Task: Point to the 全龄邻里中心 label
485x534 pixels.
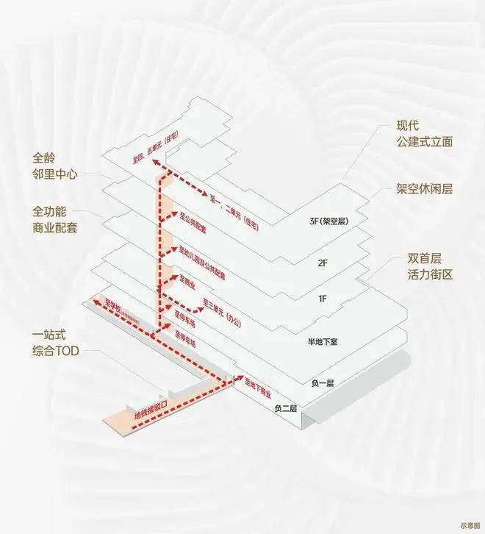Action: point(54,165)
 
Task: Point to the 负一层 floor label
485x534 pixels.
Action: point(321,383)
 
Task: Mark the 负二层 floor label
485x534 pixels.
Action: point(287,407)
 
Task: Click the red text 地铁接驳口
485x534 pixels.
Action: point(152,412)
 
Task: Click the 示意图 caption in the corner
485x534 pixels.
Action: point(468,525)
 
